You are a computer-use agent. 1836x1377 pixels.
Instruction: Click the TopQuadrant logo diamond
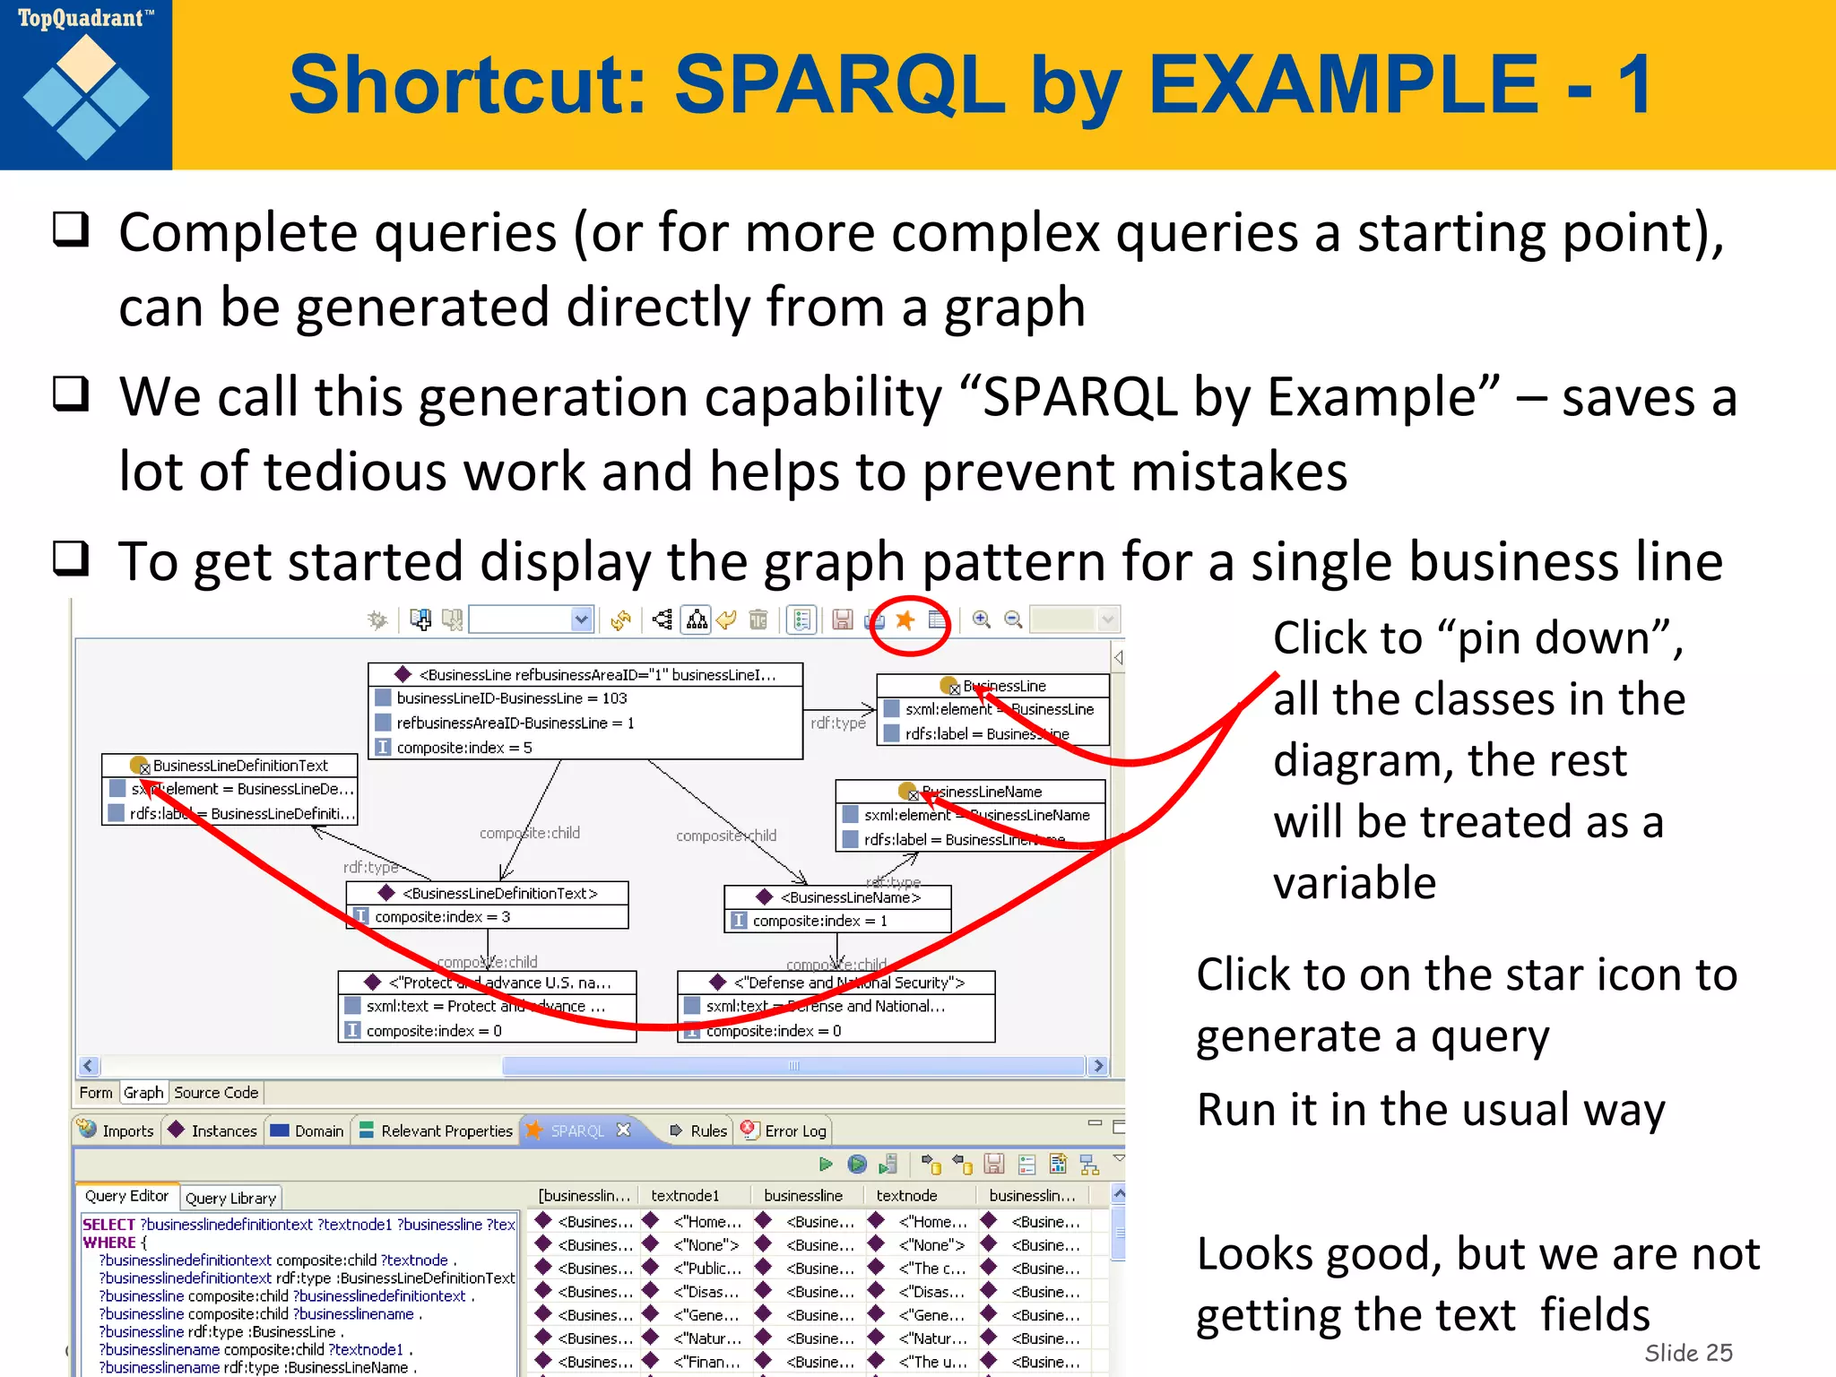click(x=86, y=97)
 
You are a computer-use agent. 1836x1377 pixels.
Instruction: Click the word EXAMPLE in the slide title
click(x=1343, y=85)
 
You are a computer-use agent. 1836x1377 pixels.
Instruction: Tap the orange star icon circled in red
click(x=905, y=620)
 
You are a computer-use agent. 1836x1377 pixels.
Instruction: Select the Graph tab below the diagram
click(x=143, y=1093)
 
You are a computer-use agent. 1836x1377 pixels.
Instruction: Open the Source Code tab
click(x=216, y=1093)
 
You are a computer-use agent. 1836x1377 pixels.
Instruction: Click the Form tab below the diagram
click(x=96, y=1093)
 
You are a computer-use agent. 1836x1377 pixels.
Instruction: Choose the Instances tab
click(x=214, y=1131)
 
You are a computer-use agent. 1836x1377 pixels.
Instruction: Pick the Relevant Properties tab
click(x=437, y=1131)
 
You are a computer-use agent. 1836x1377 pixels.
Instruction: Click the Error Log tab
click(x=785, y=1131)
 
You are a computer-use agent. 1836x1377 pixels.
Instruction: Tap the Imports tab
click(x=117, y=1131)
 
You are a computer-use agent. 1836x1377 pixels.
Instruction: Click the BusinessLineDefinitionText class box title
click(x=240, y=766)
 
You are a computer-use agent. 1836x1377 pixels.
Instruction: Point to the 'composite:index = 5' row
click(x=463, y=748)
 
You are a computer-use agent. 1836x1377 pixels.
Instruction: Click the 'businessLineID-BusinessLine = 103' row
click(x=511, y=698)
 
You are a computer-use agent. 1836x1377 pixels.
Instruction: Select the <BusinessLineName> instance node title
click(x=849, y=897)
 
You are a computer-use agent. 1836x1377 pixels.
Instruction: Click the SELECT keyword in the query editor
click(x=108, y=1225)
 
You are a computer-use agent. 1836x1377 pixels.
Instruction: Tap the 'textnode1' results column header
click(x=685, y=1196)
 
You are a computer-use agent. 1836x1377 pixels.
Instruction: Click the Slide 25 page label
click(x=1688, y=1353)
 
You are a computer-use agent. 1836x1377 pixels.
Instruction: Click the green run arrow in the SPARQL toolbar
click(x=826, y=1165)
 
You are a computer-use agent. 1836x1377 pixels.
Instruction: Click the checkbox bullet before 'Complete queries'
click(x=71, y=229)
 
